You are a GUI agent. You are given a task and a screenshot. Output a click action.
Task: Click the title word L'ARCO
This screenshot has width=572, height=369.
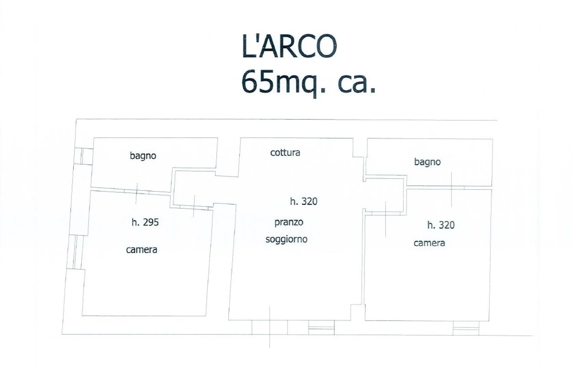[289, 46]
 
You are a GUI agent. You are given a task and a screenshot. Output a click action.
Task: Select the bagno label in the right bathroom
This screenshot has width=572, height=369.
[427, 162]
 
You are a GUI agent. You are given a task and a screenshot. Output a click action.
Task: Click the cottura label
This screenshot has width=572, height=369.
[285, 153]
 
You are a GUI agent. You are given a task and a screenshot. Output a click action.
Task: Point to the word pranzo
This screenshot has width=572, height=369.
[289, 222]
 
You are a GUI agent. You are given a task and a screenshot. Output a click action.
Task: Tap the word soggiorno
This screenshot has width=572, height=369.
[287, 240]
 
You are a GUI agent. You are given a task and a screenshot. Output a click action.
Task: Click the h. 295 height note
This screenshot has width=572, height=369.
[145, 222]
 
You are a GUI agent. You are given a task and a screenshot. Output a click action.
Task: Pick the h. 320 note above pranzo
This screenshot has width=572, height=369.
[304, 202]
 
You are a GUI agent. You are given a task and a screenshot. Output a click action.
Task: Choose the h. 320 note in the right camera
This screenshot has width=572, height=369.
[441, 225]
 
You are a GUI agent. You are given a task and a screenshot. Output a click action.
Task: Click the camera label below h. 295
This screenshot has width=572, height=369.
[142, 249]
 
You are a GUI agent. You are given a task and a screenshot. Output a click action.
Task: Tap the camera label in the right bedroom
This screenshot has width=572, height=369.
[429, 243]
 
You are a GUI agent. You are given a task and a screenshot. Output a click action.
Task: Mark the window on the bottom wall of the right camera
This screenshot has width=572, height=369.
[466, 328]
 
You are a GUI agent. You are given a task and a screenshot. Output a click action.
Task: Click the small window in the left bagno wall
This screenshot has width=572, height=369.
[84, 156]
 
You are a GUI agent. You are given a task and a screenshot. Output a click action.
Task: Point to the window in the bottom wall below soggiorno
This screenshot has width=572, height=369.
[321, 327]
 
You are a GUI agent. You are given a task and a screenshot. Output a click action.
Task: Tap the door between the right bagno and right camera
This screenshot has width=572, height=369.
[451, 188]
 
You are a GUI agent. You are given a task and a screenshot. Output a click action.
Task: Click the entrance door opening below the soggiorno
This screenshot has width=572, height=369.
[270, 327]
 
